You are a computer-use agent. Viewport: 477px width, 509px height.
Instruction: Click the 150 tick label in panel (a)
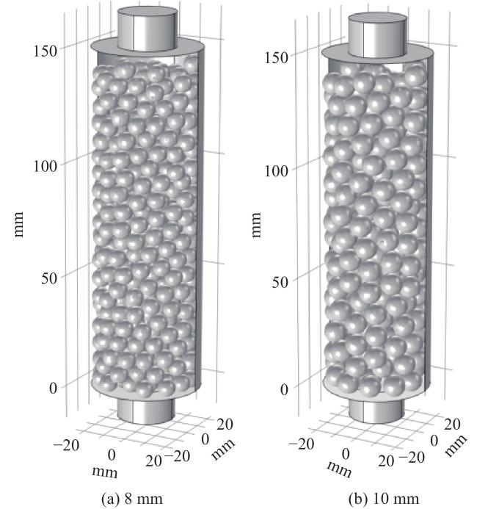(45, 51)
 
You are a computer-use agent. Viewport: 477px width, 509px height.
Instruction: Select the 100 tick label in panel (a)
(45, 166)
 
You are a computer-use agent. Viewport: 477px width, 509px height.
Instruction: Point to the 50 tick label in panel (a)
(49, 278)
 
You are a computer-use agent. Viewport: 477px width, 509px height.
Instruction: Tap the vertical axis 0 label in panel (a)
(53, 388)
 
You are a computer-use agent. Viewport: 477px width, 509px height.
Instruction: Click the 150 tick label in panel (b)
(276, 58)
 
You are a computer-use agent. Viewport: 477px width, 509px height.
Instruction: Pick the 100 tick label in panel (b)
(276, 170)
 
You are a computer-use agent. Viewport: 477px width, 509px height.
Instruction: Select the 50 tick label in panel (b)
(280, 283)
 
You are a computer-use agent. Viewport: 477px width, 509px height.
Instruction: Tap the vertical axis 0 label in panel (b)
(284, 390)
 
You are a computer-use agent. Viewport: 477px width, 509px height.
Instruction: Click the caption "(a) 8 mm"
(132, 499)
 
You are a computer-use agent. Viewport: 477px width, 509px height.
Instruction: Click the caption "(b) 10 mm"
(384, 499)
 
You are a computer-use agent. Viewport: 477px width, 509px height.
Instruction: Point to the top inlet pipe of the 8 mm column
(148, 29)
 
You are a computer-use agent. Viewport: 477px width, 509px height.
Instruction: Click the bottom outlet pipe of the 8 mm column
(146, 411)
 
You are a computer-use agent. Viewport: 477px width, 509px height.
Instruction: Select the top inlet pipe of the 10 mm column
(377, 35)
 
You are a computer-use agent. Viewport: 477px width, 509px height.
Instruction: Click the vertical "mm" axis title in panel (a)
(19, 224)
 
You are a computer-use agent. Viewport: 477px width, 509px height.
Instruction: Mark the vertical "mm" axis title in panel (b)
(256, 225)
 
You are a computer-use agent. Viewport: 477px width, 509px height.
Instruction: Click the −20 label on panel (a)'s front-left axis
(66, 445)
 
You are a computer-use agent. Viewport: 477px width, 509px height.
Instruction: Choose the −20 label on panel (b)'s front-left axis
(301, 444)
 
